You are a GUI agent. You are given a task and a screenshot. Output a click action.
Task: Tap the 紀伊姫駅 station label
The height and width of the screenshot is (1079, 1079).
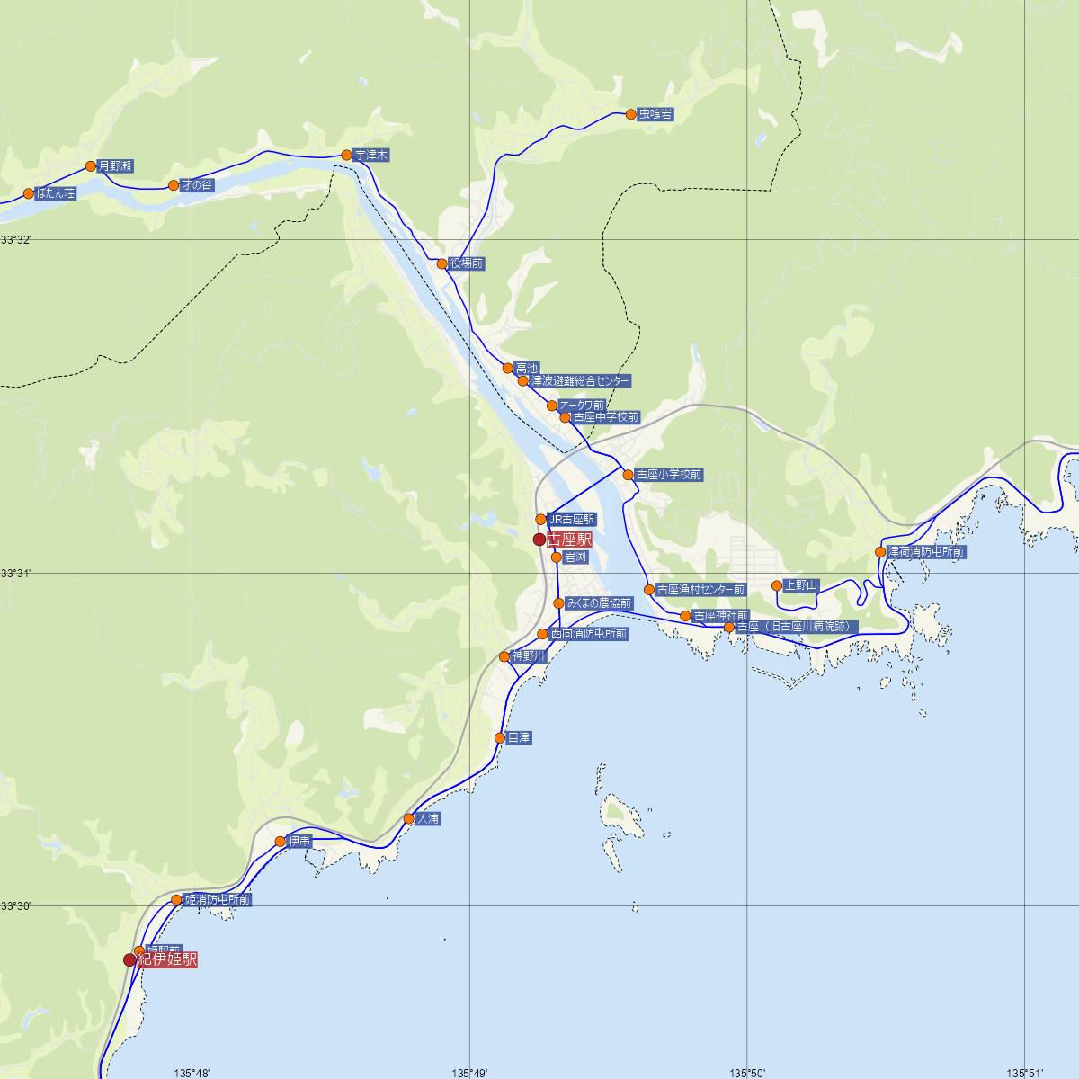coord(166,959)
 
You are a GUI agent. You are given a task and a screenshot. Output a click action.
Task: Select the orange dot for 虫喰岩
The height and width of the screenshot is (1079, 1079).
coord(630,114)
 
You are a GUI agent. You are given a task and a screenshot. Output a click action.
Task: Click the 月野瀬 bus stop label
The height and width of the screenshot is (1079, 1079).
coord(116,165)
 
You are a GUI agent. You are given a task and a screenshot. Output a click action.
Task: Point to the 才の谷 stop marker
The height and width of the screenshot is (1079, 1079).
coord(174,185)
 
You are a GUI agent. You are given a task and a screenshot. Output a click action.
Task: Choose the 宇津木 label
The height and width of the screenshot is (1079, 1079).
coord(371,156)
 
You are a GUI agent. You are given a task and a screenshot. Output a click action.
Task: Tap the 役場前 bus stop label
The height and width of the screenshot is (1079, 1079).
coord(466,263)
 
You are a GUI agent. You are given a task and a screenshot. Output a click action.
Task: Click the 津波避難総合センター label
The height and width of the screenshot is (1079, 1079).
coord(580,381)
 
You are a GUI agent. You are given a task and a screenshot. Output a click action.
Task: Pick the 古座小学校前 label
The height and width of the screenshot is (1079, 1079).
coord(668,474)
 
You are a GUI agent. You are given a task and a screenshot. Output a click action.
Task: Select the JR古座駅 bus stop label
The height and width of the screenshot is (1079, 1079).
coord(571,519)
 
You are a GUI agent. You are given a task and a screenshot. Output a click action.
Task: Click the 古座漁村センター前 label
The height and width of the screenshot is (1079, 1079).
coord(700,590)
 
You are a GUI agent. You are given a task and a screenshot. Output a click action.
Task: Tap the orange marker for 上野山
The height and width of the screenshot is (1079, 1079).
coord(777,585)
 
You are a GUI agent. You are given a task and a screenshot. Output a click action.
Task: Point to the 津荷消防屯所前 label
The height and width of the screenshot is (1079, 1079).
coord(926,552)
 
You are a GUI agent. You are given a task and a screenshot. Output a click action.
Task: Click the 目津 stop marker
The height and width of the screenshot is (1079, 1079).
coord(500,738)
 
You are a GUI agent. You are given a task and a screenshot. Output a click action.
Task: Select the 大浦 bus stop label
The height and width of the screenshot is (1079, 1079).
coord(427,819)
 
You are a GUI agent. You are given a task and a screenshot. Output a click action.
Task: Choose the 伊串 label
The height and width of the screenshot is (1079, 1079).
coord(299,842)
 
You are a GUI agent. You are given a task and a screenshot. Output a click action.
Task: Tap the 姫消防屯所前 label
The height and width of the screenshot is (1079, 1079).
coord(217,899)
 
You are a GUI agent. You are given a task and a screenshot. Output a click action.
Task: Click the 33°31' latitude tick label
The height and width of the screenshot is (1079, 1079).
coord(15,573)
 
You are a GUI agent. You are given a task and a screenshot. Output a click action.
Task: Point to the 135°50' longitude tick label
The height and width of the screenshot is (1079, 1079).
coord(747,1072)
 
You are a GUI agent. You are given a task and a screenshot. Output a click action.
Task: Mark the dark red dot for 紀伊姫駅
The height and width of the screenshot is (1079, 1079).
coord(129,959)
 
